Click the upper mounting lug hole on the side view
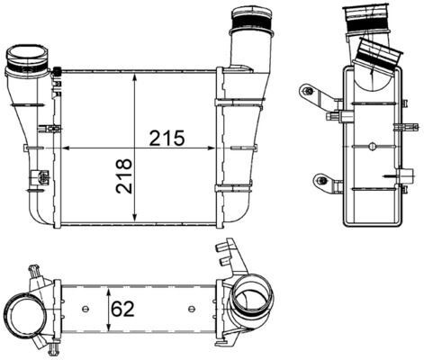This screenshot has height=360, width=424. point(308,91)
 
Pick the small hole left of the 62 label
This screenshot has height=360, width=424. point(85,310)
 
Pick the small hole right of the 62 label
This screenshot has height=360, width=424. point(190,310)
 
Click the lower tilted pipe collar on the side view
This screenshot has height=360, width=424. point(379,54)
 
